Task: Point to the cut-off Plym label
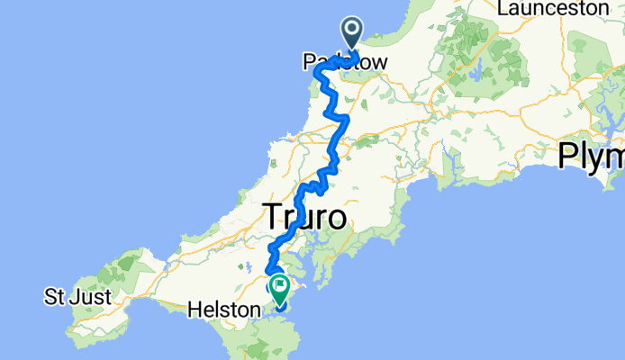coord(591,156)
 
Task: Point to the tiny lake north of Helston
coord(247,266)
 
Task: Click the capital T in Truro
coord(271,217)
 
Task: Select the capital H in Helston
coord(193,310)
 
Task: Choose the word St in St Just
coord(56,296)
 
